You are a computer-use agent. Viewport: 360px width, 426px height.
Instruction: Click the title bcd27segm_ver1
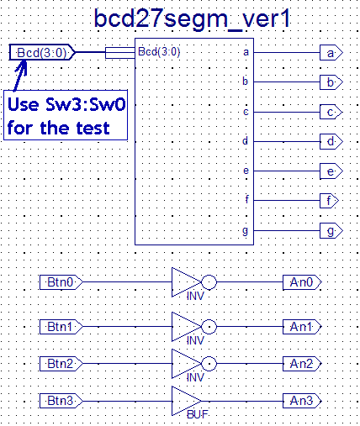click(x=193, y=19)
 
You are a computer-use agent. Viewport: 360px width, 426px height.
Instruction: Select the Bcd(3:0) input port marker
click(x=42, y=52)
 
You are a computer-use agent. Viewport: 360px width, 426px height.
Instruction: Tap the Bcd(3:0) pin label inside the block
click(x=159, y=52)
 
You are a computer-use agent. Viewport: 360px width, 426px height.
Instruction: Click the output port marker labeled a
click(x=331, y=53)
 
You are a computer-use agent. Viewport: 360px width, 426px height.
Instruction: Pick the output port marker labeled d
click(x=331, y=141)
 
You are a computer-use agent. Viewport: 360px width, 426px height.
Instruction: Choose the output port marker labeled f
click(x=329, y=201)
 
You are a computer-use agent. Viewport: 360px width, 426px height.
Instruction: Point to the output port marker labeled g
click(x=331, y=231)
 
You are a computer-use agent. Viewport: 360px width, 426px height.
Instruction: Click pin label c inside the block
click(x=246, y=112)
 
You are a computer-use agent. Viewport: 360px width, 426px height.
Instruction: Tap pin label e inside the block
click(x=246, y=171)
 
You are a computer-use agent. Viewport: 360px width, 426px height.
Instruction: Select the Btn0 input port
click(x=61, y=282)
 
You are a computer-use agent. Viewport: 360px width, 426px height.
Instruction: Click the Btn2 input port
click(x=61, y=364)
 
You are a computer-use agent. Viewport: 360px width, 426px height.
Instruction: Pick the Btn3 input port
click(x=61, y=401)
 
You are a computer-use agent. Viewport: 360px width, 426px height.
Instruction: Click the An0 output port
click(x=302, y=282)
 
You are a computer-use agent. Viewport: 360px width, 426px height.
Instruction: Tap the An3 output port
click(x=302, y=401)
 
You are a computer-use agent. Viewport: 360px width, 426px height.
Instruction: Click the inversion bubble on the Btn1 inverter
click(x=209, y=327)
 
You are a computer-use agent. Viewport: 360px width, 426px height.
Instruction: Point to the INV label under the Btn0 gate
click(x=195, y=296)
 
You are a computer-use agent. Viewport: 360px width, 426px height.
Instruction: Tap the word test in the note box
click(x=93, y=129)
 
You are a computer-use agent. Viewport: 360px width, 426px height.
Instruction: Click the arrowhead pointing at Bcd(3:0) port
click(x=23, y=66)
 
